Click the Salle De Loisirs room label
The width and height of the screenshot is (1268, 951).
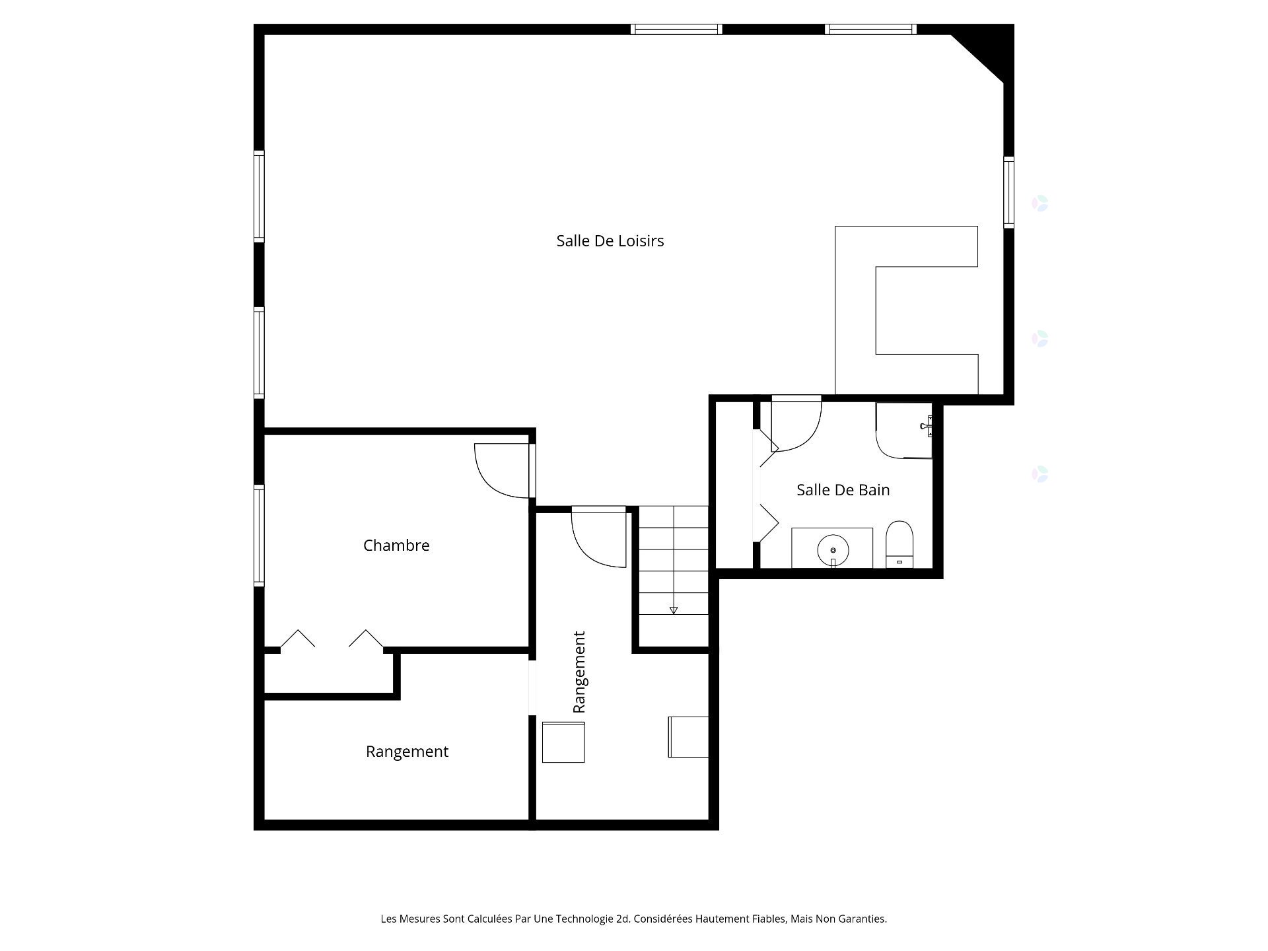610,241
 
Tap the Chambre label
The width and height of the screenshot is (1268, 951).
396,546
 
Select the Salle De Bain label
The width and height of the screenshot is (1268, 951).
843,490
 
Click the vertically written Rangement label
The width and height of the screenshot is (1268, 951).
579,672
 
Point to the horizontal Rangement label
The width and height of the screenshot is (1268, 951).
407,752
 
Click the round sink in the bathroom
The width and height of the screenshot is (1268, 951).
833,549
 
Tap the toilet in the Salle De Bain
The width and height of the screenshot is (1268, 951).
899,544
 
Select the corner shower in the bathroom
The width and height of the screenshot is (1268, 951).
903,430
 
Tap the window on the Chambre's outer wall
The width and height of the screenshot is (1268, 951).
260,535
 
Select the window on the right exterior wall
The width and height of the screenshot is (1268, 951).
1008,192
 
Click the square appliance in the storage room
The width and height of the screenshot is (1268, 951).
563,742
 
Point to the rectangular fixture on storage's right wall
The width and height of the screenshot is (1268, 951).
688,737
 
